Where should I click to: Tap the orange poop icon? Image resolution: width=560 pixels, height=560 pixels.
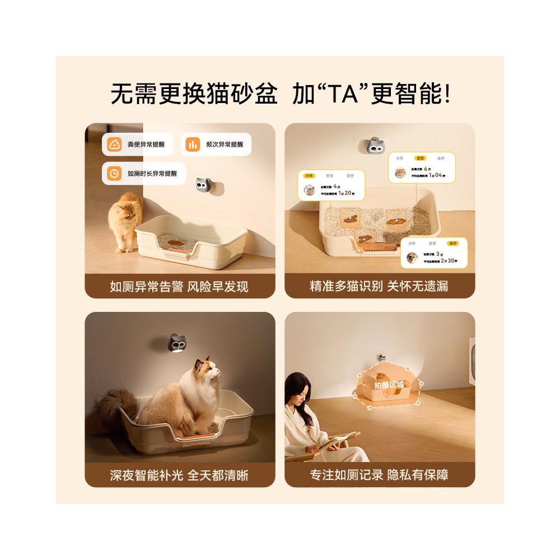(x=115, y=144)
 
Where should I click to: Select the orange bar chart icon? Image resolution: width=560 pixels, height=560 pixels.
(x=193, y=144)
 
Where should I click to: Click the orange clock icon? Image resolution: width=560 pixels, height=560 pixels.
(x=115, y=173)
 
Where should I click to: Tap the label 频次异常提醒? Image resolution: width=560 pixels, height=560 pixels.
(x=225, y=144)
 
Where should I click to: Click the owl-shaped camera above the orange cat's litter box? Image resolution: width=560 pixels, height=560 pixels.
(x=203, y=184)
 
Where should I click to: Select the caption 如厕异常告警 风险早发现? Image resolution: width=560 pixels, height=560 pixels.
(x=179, y=287)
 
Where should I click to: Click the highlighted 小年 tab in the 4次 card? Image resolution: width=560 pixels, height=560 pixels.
(x=309, y=175)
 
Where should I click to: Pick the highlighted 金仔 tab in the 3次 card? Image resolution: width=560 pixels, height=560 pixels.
(x=452, y=243)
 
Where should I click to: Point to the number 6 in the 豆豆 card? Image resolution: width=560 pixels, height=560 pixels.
(x=428, y=168)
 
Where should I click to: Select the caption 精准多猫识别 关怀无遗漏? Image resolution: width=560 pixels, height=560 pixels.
(x=379, y=287)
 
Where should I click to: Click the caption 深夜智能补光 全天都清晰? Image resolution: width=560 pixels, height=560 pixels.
(x=179, y=475)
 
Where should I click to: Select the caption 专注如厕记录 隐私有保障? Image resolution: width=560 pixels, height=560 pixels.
(x=379, y=475)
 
